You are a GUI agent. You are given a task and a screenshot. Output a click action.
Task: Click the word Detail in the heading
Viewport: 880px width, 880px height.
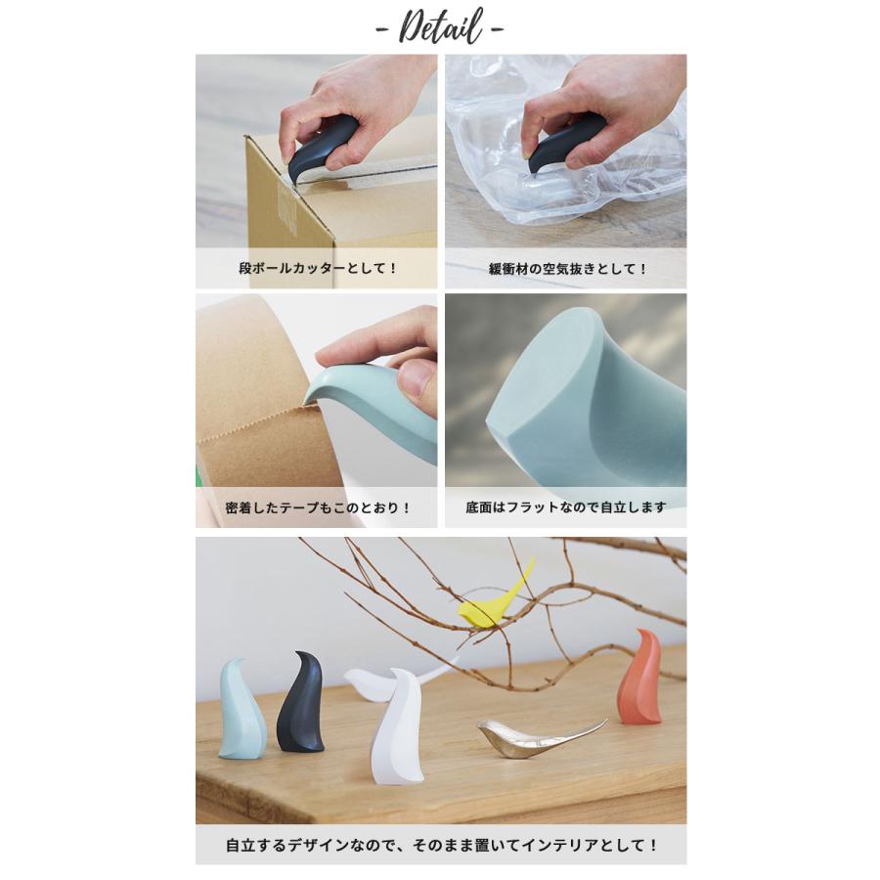(440, 26)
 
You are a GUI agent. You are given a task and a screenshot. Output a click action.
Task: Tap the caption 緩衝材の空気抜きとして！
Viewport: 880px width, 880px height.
(566, 267)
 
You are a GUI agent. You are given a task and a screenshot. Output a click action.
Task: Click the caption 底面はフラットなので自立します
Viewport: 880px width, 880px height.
(566, 507)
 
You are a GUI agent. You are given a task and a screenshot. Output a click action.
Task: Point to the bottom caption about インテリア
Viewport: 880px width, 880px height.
(441, 843)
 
